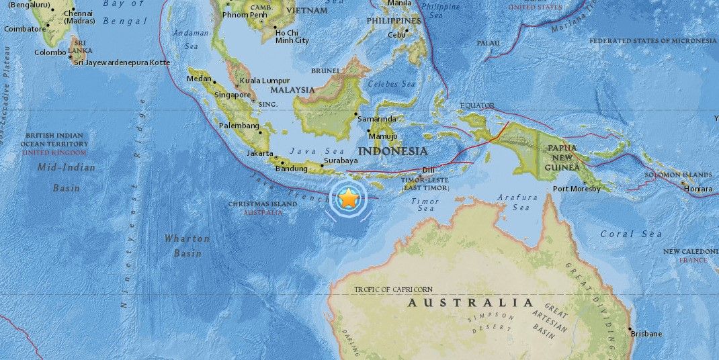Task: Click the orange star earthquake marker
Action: [x=349, y=198]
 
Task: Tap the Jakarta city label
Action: [x=259, y=153]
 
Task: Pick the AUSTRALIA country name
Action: [x=470, y=303]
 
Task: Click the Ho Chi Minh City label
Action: [x=292, y=36]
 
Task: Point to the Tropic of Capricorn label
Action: [x=394, y=289]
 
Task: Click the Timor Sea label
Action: [x=425, y=205]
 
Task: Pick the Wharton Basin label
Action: [x=187, y=246]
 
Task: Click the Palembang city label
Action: [x=239, y=126]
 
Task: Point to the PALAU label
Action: [x=489, y=43]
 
